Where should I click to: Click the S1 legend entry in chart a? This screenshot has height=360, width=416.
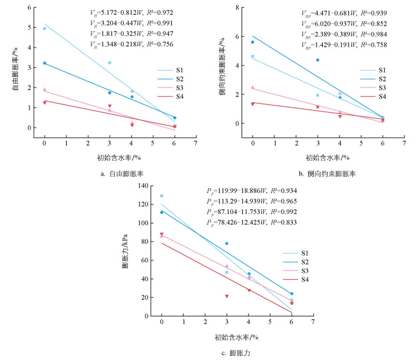[173, 70]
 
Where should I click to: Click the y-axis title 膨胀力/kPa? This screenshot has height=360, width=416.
[126, 251]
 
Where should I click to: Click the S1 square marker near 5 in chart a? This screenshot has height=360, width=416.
[44, 28]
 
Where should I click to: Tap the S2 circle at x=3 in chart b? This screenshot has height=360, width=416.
[318, 60]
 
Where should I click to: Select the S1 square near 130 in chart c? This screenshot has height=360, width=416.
[162, 196]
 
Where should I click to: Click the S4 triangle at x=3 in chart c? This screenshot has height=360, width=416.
[226, 296]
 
